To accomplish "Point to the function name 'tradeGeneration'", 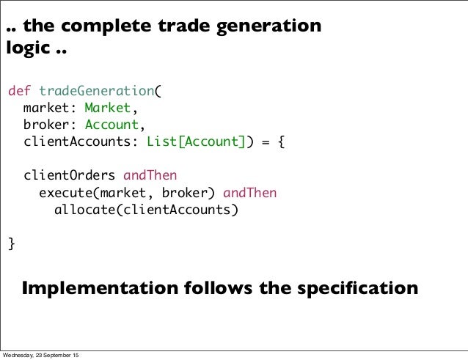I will tap(95, 92).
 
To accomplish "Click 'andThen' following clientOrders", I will tap(150, 176).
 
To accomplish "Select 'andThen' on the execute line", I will tap(249, 193).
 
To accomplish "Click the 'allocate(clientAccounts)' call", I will tap(147, 210).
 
